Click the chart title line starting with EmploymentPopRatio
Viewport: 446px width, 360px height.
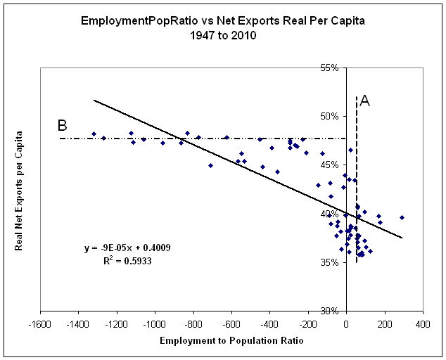click(x=223, y=21)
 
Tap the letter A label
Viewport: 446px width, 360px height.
click(x=364, y=101)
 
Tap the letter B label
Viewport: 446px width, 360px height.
click(x=62, y=126)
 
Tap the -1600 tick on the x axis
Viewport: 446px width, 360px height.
click(x=40, y=324)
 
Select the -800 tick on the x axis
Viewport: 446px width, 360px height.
click(x=193, y=324)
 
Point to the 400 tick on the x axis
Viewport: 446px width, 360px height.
click(x=423, y=324)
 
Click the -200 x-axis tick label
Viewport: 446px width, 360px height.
click(x=308, y=324)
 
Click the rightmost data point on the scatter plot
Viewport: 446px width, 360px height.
click(x=402, y=217)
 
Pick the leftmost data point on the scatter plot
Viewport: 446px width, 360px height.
click(x=94, y=134)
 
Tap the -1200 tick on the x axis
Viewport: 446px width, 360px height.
click(x=117, y=324)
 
